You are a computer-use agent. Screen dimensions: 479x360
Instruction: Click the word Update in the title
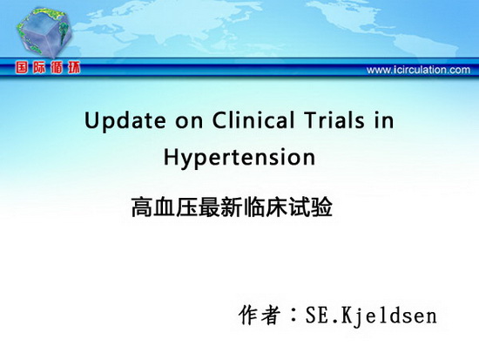click(x=125, y=121)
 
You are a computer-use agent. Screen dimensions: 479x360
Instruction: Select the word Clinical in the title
click(x=253, y=119)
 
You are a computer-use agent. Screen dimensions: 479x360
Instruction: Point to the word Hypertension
click(x=239, y=158)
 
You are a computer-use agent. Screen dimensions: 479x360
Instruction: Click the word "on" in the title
click(x=189, y=122)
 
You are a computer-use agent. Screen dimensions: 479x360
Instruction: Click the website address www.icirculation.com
click(x=418, y=70)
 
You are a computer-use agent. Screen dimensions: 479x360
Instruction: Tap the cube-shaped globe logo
click(x=44, y=33)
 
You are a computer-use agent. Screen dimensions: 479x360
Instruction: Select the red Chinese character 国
click(x=22, y=68)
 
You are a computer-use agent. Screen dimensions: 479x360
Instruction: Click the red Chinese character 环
click(x=74, y=68)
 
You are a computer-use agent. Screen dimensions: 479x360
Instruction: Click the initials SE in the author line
click(x=318, y=316)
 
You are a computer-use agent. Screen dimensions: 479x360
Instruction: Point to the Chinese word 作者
click(x=260, y=316)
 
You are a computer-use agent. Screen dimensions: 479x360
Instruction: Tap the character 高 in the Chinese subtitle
click(x=142, y=207)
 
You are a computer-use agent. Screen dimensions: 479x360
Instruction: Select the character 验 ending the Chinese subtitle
click(x=322, y=207)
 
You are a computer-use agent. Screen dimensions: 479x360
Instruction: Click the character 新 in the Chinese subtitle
click(x=233, y=207)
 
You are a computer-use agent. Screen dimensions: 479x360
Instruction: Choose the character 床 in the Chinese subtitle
click(x=277, y=207)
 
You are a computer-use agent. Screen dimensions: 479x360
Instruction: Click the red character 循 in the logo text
click(x=57, y=68)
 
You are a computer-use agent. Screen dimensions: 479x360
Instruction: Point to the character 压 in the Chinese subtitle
click(x=187, y=207)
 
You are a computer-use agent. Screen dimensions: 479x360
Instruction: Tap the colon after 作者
click(x=293, y=315)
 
